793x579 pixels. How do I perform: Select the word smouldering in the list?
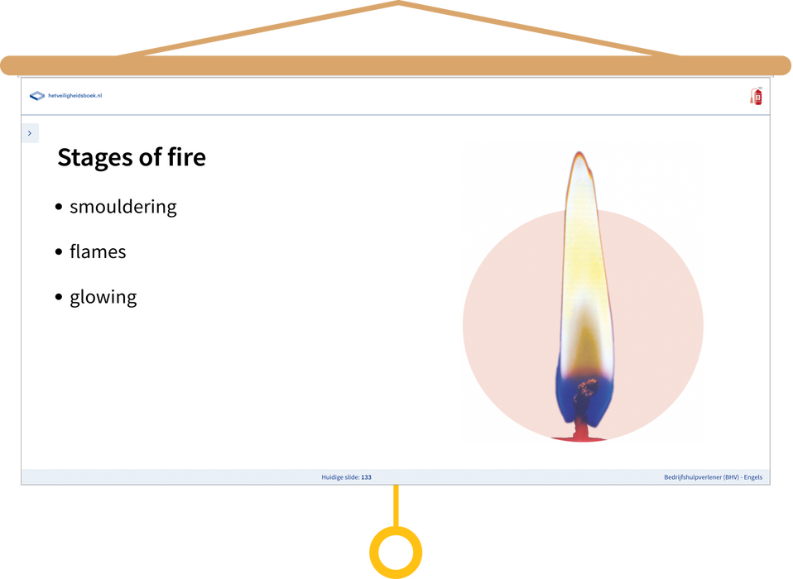pyautogui.click(x=123, y=207)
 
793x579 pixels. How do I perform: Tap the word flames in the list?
pyautogui.click(x=98, y=251)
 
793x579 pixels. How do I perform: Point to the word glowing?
pyautogui.click(x=103, y=298)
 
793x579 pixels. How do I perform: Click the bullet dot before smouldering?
pyautogui.click(x=59, y=207)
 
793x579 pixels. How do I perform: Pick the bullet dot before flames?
pyautogui.click(x=59, y=251)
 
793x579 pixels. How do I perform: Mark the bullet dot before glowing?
pyautogui.click(x=59, y=297)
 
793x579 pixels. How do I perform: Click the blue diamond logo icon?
pyautogui.click(x=37, y=95)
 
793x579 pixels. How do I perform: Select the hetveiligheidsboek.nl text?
pyautogui.click(x=74, y=95)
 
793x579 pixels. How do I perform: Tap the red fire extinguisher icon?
pyautogui.click(x=756, y=96)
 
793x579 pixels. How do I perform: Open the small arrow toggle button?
pyautogui.click(x=30, y=133)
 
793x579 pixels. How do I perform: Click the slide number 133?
pyautogui.click(x=366, y=477)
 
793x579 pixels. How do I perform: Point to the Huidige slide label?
pyautogui.click(x=340, y=477)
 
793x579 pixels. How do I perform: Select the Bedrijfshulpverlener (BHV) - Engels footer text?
pyautogui.click(x=713, y=477)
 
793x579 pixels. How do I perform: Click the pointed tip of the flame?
pyautogui.click(x=579, y=152)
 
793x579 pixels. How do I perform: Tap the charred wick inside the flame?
pyautogui.click(x=583, y=400)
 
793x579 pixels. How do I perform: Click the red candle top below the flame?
pyautogui.click(x=580, y=435)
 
